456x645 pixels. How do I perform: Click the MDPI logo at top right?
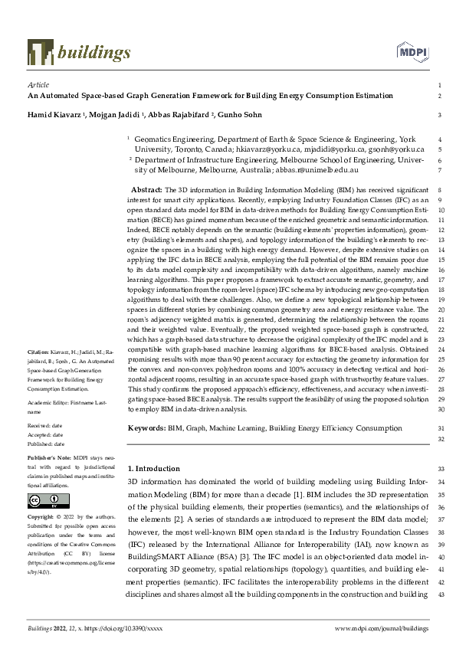pos(411,51)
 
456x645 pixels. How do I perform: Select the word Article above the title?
pos(38,84)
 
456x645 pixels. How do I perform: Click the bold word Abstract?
pos(147,188)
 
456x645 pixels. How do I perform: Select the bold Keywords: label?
pos(147,427)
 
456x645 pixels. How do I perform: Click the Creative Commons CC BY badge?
pos(44,501)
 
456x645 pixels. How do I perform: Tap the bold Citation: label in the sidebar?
pos(38,352)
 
